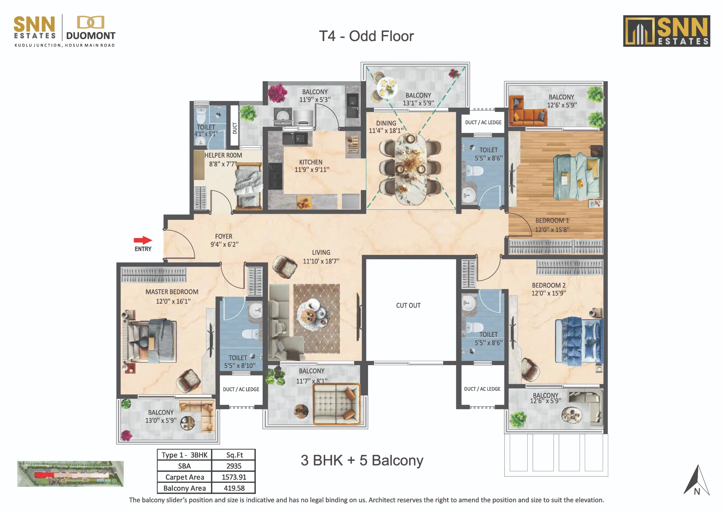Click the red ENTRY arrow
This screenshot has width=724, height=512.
click(x=143, y=240)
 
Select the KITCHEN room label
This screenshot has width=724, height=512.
click(x=311, y=162)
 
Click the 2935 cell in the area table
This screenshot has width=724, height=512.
click(x=234, y=466)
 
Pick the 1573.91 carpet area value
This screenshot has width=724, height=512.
click(x=234, y=477)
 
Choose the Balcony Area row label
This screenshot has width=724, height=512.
click(x=184, y=488)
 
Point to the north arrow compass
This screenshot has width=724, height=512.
click(x=697, y=480)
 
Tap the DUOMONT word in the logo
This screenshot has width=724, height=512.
click(x=91, y=36)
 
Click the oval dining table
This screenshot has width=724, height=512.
click(x=411, y=169)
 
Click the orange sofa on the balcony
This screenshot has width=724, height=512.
click(x=528, y=111)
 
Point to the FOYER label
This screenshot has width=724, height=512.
click(x=224, y=236)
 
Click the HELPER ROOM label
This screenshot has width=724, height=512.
click(x=223, y=155)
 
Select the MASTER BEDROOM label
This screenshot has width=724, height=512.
click(x=172, y=292)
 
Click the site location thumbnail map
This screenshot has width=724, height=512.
click(x=70, y=474)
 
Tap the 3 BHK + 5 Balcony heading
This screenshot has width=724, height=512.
click(x=362, y=460)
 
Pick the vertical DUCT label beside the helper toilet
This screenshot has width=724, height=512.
click(x=235, y=128)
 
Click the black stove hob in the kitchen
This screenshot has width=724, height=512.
click(x=275, y=176)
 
